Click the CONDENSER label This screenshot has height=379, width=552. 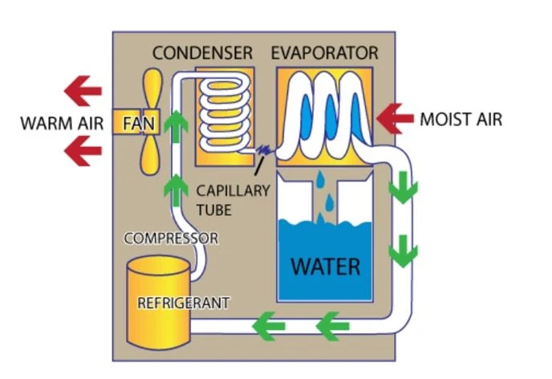202,53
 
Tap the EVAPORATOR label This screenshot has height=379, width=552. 325,53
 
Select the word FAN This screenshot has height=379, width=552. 139,124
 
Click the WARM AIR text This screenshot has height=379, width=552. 62,124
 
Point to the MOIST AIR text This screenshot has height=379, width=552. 461,120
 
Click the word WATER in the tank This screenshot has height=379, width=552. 326,267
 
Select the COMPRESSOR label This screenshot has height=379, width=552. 171,238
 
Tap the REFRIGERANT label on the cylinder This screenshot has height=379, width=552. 184,303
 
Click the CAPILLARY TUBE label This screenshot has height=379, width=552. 233,200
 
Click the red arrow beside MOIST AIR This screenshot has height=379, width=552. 394,119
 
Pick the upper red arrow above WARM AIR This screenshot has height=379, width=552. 83,91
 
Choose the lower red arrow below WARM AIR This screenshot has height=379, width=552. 83,151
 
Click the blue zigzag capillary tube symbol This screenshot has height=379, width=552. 264,151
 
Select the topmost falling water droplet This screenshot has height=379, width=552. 320,180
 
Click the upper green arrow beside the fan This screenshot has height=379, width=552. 176,126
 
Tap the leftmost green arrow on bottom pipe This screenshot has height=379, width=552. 268,326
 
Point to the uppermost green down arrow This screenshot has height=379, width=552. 403,187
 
